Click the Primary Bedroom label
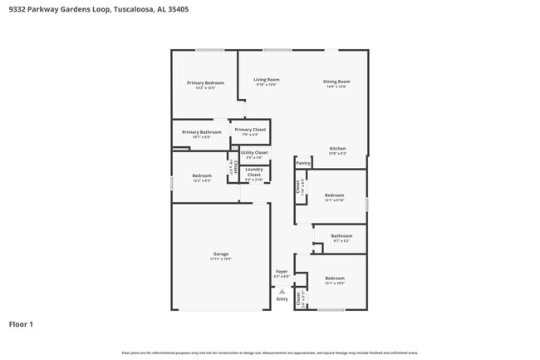(205, 82)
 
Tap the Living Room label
(267, 80)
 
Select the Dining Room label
(336, 81)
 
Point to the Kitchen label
(337, 149)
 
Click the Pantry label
(303, 163)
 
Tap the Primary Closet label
(249, 130)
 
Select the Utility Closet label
(254, 153)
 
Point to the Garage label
(220, 254)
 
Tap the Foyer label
(282, 271)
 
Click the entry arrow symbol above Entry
(282, 291)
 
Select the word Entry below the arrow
(282, 299)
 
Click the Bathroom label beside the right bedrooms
(341, 235)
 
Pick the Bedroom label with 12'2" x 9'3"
(202, 175)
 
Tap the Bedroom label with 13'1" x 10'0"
(334, 278)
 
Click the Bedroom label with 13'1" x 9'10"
(334, 195)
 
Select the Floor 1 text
(21, 323)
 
